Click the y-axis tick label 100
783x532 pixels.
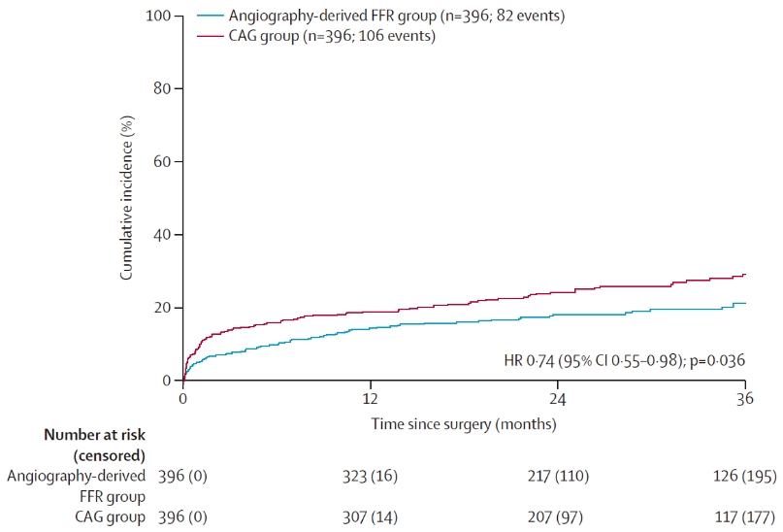159,17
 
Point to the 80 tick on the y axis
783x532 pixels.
163,89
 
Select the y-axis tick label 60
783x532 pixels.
163,162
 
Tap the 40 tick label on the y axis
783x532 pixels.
163,235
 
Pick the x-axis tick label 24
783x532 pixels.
558,399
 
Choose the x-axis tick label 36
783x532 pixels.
745,399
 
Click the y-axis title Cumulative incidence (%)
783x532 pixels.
127,198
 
